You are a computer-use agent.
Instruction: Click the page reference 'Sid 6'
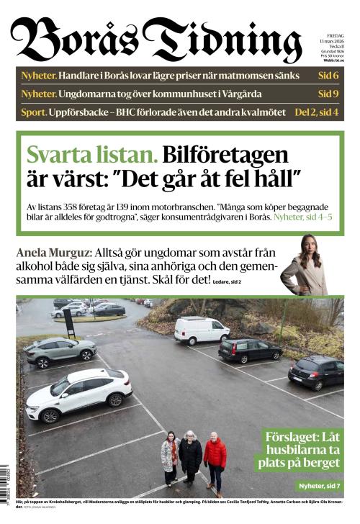point(328,76)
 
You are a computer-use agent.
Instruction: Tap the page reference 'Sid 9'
point(328,94)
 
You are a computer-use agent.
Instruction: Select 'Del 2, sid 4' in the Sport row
point(318,112)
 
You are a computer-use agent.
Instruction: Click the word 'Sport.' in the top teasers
point(33,112)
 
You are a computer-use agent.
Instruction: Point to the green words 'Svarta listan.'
point(91,155)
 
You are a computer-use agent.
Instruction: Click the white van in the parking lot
point(202,330)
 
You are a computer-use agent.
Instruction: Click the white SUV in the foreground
point(78,394)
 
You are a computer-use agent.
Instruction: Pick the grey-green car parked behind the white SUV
point(60,351)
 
